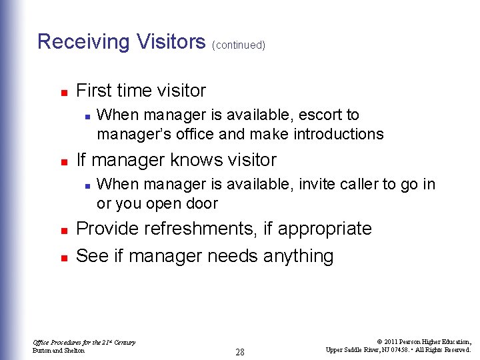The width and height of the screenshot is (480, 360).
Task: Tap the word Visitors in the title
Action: [171, 42]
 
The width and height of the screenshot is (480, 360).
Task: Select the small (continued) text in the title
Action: [239, 45]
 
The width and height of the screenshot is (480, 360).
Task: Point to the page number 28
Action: [240, 351]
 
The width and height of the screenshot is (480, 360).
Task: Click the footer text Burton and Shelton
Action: [59, 350]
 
